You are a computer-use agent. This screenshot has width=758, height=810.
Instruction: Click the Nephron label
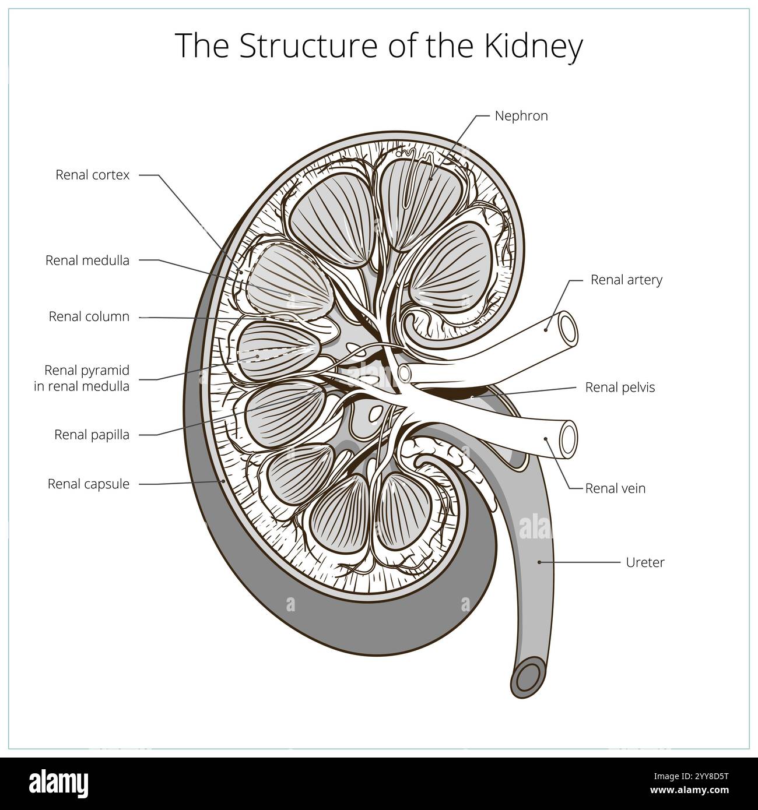pos(521,116)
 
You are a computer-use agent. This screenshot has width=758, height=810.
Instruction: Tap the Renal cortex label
pos(93,175)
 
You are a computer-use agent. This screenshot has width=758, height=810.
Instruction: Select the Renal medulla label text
pos(87,260)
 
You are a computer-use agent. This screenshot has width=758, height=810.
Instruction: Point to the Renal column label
pos(89,317)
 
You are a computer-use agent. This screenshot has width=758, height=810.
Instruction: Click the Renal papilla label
pos(92,435)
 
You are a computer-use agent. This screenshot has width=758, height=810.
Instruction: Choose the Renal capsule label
pos(89,484)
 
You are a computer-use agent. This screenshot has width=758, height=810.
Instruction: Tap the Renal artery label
pos(626,280)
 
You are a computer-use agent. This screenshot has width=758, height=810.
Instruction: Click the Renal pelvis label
pos(620,388)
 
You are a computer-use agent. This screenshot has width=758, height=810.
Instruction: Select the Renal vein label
pos(615,488)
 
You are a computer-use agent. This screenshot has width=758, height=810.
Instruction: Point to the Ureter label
pos(645,563)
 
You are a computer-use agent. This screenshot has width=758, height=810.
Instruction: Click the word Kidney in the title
pos(533,47)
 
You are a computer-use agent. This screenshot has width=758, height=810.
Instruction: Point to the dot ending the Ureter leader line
pos(540,562)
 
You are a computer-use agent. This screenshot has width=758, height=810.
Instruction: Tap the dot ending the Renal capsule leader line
pos(224,482)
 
